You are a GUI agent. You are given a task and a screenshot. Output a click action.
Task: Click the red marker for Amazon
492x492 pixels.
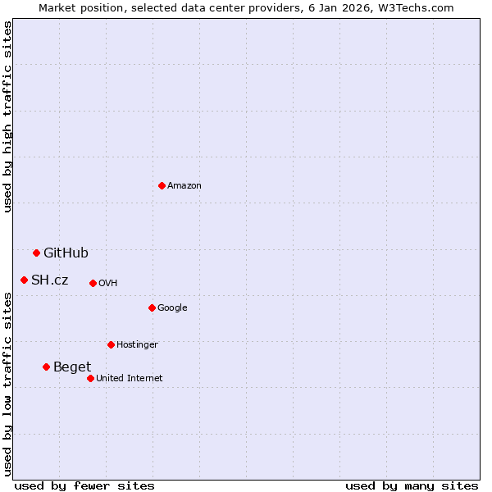[x=162, y=185]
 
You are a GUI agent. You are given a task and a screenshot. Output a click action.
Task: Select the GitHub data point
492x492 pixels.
[x=36, y=253]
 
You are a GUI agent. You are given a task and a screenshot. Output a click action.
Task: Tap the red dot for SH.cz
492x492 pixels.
[x=24, y=280]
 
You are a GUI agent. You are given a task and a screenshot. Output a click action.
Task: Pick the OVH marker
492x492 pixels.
[x=93, y=283]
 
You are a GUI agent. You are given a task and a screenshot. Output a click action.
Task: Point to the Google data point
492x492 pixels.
[x=152, y=307]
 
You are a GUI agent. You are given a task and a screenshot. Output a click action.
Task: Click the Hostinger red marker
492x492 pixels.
[x=111, y=344]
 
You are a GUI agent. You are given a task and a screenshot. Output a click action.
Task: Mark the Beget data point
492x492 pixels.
[x=46, y=367]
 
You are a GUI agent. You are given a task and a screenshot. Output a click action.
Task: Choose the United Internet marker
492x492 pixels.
[x=90, y=378]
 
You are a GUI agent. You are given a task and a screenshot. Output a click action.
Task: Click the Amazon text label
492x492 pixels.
[x=184, y=185]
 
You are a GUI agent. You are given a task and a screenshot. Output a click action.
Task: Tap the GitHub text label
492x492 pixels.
[x=66, y=253]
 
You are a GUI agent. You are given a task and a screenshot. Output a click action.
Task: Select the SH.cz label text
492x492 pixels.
[x=50, y=280]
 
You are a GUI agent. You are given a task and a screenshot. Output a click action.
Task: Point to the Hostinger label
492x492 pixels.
[x=137, y=344]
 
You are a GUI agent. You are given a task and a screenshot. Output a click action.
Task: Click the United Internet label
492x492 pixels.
[x=130, y=378]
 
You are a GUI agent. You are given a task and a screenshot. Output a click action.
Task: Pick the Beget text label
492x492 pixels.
[x=72, y=367]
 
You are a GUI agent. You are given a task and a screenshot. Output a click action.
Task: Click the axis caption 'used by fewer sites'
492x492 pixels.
[x=84, y=485]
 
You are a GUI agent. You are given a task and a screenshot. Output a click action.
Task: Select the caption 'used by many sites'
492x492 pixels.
[x=412, y=485]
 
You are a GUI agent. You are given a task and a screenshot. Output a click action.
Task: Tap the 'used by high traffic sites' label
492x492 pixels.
[x=7, y=116]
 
